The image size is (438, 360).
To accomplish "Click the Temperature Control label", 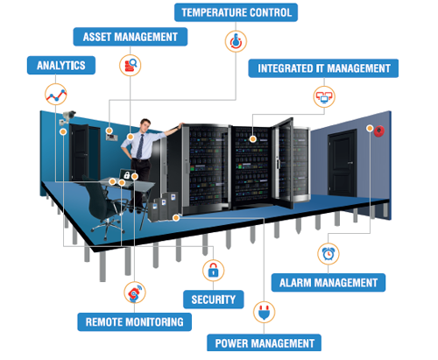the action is pyautogui.click(x=236, y=12).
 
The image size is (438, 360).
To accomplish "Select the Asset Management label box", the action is pyautogui.click(x=131, y=37).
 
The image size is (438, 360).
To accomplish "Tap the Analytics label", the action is pyautogui.click(x=61, y=65).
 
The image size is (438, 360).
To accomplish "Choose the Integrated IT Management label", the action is pyautogui.click(x=323, y=68).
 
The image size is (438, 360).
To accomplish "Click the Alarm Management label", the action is pyautogui.click(x=328, y=283).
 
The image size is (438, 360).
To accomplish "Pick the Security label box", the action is pyautogui.click(x=214, y=300).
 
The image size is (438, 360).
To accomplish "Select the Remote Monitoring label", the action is pyautogui.click(x=134, y=322).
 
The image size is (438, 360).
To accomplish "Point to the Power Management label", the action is pyautogui.click(x=264, y=343).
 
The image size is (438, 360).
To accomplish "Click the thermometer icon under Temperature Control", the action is pyautogui.click(x=236, y=41).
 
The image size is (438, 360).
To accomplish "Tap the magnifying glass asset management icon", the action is pyautogui.click(x=131, y=66).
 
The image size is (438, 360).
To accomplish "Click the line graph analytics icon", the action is pyautogui.click(x=56, y=95).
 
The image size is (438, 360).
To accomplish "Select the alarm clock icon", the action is pyautogui.click(x=328, y=253).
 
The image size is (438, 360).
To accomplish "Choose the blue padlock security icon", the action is pyautogui.click(x=214, y=271).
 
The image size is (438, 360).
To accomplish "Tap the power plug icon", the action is pyautogui.click(x=264, y=312).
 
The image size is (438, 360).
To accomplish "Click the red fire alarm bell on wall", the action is pyautogui.click(x=379, y=131).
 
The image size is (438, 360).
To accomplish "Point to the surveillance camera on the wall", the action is pyautogui.click(x=67, y=116).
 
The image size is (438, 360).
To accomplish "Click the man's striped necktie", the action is pyautogui.click(x=140, y=146).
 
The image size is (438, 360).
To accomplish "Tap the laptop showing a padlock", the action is pyautogui.click(x=127, y=175).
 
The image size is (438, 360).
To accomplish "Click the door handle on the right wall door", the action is pyautogui.click(x=350, y=163).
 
